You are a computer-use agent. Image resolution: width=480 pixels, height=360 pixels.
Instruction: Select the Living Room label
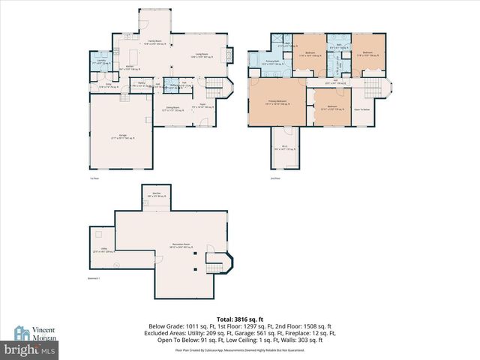202,54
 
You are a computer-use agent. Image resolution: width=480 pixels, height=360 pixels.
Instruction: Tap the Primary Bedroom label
277,101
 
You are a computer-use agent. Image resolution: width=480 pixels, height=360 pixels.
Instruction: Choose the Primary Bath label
271,64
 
